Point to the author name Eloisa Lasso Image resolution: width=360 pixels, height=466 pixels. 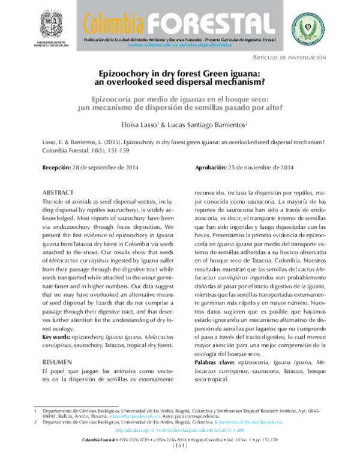point(135,124)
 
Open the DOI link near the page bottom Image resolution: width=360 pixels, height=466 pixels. point(179,431)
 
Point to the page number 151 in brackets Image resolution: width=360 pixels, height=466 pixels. point(181,447)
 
